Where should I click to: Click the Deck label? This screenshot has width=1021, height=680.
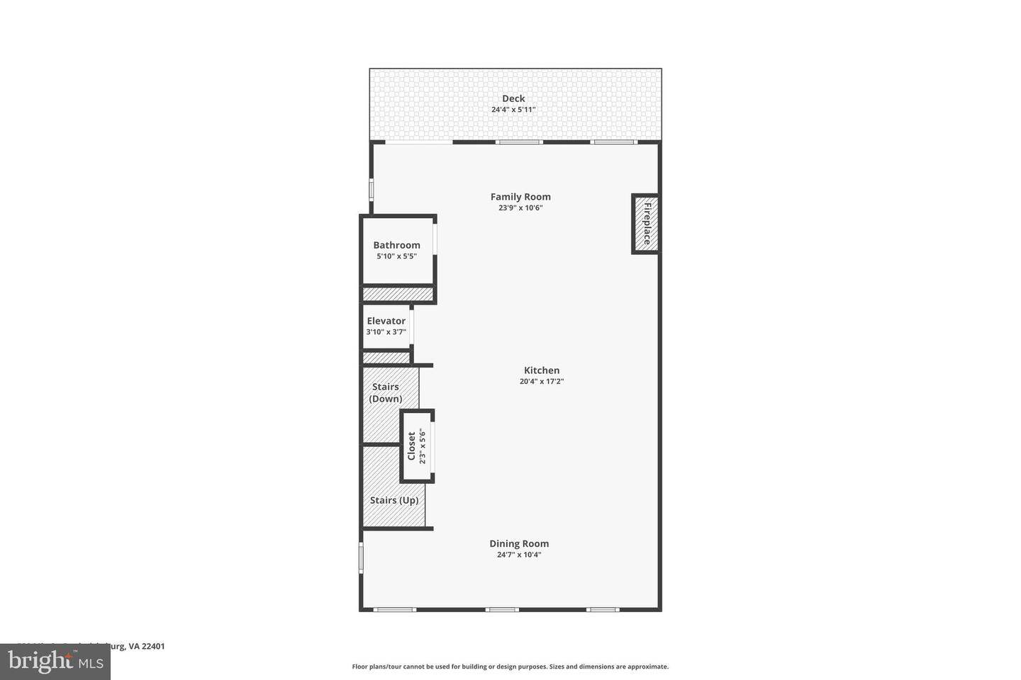click(513, 98)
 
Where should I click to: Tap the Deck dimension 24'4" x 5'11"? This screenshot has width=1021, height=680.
click(513, 110)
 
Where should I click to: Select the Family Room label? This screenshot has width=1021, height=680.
click(520, 197)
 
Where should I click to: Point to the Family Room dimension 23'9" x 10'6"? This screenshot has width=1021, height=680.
click(520, 208)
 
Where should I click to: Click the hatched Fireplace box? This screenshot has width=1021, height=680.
click(646, 224)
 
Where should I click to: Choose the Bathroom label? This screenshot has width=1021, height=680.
click(396, 245)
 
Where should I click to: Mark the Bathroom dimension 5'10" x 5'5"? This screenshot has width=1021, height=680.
click(396, 256)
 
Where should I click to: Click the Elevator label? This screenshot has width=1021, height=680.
click(386, 321)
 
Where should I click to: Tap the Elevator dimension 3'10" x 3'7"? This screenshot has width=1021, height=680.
click(386, 331)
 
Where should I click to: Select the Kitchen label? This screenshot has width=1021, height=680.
click(542, 370)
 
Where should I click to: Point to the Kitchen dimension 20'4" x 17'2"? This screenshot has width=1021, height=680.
click(542, 381)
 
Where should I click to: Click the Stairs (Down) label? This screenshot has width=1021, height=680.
click(386, 392)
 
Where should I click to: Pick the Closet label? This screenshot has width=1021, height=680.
click(411, 446)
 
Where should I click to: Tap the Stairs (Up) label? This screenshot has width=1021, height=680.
click(394, 500)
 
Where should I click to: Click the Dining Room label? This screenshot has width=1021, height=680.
click(519, 544)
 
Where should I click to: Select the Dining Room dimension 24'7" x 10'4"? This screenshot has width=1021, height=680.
click(519, 555)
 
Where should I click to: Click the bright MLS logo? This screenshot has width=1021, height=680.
click(55, 662)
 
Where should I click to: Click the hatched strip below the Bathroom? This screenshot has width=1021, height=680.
click(398, 294)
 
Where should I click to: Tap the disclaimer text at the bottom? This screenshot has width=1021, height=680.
click(510, 667)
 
